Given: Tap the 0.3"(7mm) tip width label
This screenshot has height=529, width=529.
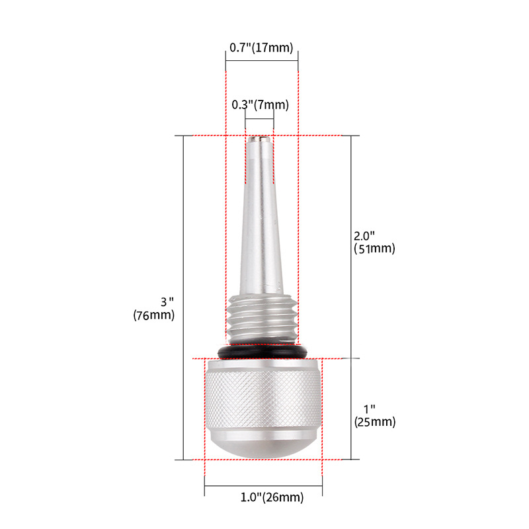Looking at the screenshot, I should point(260,104).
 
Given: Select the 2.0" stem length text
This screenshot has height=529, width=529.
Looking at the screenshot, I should point(364,236).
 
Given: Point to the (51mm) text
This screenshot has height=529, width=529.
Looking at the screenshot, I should point(374,249).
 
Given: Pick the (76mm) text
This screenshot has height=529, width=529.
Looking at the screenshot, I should point(153,315).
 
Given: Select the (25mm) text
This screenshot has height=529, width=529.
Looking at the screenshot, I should point(374,422).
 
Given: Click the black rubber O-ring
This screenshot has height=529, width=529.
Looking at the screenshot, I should point(263,352).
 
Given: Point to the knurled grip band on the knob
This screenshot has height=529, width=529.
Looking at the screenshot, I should point(263,401).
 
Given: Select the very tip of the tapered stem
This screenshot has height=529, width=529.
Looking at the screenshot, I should point(259,138).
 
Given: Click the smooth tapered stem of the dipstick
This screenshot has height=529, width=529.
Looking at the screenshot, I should point(260,225).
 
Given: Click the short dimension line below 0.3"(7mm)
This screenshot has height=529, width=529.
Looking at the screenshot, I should point(259,120).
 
